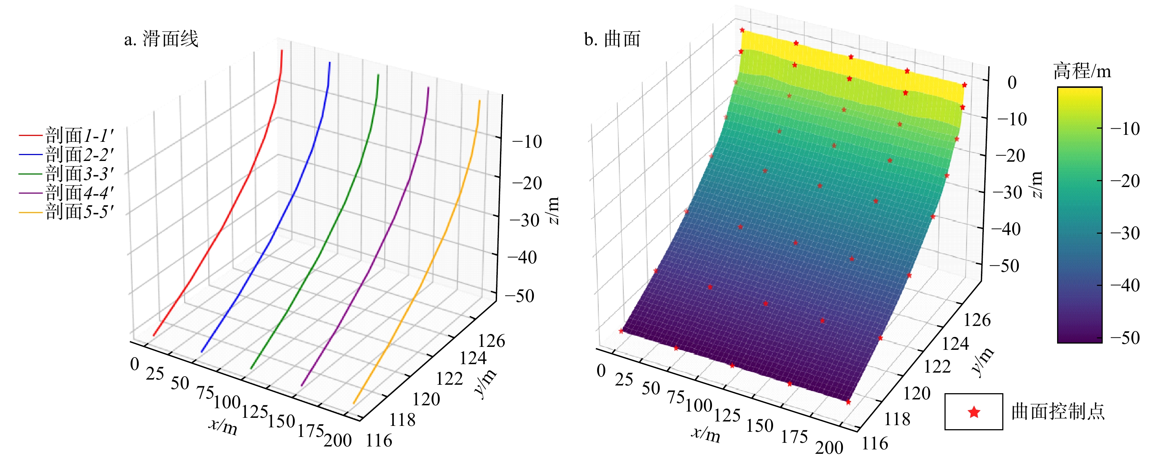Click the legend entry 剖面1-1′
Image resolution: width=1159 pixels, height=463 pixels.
[79, 135]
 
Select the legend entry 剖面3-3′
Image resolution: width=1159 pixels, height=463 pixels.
[79, 173]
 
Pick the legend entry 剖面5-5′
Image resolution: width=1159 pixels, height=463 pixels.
[79, 211]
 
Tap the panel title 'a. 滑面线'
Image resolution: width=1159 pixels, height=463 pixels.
[161, 39]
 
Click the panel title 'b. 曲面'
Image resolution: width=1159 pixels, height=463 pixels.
[612, 39]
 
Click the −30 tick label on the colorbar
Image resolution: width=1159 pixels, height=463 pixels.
[1125, 233]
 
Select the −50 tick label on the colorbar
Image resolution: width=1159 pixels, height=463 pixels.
[1125, 338]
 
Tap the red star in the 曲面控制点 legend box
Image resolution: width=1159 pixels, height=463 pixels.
[974, 412]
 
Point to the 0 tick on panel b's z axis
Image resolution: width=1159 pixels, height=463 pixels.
[1012, 83]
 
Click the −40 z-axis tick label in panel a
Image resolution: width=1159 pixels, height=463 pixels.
[522, 258]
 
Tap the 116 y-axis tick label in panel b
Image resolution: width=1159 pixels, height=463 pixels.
[875, 444]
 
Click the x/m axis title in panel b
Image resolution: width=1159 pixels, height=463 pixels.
[705, 434]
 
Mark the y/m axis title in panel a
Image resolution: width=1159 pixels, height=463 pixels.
[486, 383]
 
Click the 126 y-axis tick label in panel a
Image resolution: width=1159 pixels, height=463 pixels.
[491, 341]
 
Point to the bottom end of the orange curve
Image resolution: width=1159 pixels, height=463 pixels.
[354, 403]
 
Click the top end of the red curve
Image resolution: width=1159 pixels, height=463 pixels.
[282, 50]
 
